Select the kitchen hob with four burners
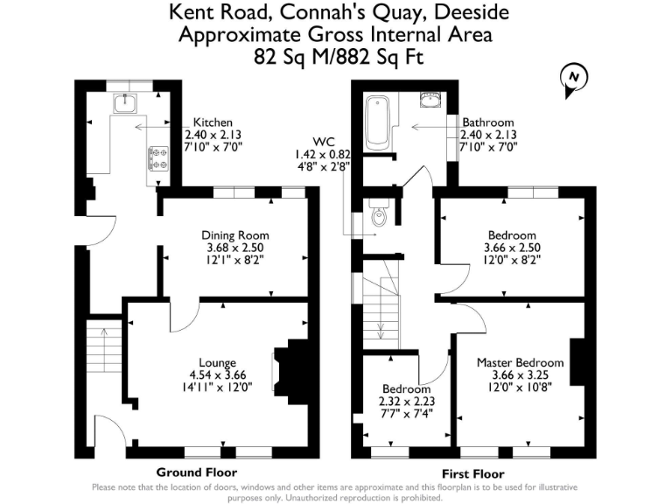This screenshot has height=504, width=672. (x=160, y=157)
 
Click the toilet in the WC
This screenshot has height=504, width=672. (x=380, y=214)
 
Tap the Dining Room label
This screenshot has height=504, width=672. (x=234, y=235)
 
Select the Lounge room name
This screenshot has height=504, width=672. (x=217, y=363)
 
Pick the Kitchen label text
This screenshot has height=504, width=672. (x=213, y=122)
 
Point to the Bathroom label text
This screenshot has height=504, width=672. (x=488, y=122)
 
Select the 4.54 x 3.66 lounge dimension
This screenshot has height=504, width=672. (x=217, y=374)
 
